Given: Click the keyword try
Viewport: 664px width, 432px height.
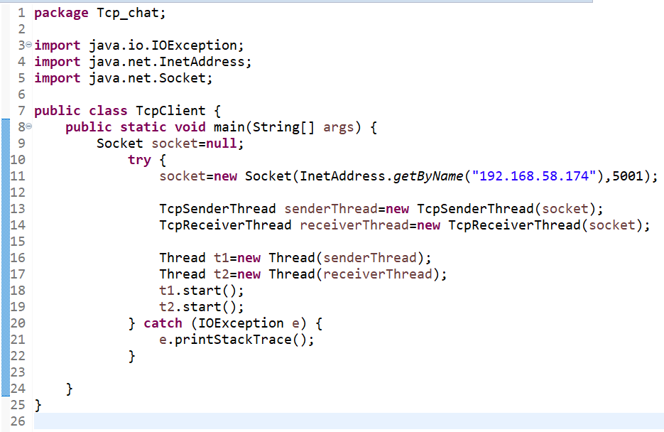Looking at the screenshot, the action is (x=139, y=160).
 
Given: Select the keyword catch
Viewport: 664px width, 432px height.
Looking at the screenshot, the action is (x=163, y=323).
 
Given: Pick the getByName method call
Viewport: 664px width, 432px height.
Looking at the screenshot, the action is (x=428, y=176).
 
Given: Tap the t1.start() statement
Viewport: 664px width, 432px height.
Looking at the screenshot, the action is (x=202, y=291).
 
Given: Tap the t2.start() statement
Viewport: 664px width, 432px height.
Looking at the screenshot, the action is (x=202, y=307).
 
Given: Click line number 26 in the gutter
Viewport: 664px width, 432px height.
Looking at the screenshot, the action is (x=18, y=422).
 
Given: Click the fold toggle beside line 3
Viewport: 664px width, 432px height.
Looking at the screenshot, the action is (x=28, y=45).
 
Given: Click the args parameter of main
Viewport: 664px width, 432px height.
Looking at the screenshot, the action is (x=338, y=127).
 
